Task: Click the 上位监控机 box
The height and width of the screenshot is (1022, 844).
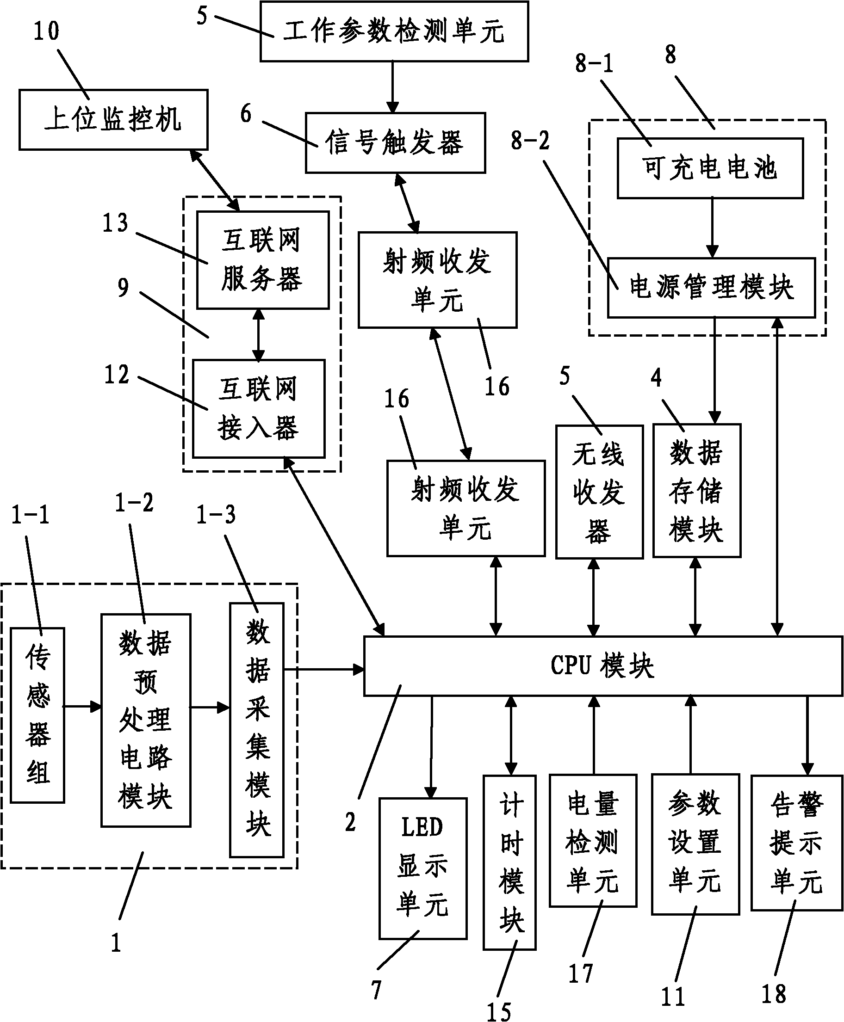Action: point(113,120)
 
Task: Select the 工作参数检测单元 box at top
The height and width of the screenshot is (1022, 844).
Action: point(394,31)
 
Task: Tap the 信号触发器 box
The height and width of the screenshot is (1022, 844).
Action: point(395,143)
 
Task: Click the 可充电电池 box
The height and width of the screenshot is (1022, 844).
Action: point(709,168)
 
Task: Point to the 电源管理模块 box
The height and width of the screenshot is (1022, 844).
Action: point(711,288)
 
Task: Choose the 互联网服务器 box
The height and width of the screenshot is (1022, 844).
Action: point(262,260)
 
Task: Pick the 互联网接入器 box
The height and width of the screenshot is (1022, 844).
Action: point(258,409)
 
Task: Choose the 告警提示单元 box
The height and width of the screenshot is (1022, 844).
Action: point(796,842)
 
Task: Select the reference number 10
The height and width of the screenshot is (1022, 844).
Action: point(46,31)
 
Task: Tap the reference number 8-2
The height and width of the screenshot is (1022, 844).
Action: point(530,141)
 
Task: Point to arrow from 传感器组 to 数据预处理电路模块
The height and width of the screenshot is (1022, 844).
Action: point(82,707)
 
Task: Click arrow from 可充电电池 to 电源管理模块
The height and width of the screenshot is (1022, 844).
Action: point(712,228)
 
